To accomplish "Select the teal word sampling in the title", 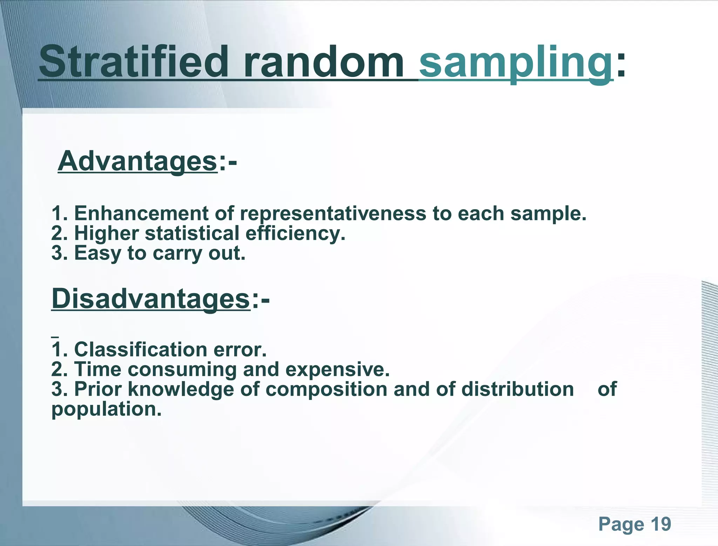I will tap(515, 62).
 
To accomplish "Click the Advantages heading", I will tap(138, 161).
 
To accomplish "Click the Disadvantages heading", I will tap(151, 298).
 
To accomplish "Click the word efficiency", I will tap(295, 233).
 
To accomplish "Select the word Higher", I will tap(107, 233).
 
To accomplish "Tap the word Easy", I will tap(97, 253).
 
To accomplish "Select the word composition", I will tap(326, 389).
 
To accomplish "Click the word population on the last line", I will tap(106, 409).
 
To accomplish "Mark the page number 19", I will tap(661, 524).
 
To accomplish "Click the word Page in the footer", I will tap(621, 525).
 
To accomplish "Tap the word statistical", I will tap(192, 233).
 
